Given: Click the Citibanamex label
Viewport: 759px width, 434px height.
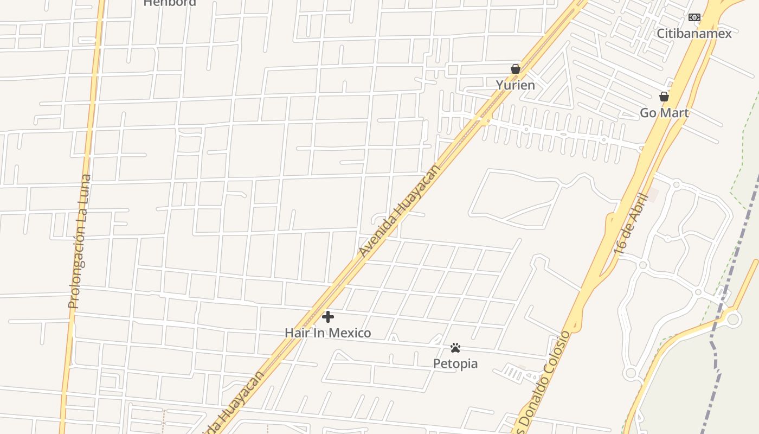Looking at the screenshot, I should (x=694, y=34).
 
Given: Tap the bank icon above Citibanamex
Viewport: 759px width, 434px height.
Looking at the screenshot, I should (x=694, y=17).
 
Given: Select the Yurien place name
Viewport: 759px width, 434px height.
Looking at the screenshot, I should (x=515, y=85).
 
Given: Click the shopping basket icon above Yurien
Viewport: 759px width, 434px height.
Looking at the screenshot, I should (x=515, y=69).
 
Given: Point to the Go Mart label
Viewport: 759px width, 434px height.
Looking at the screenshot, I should (x=664, y=113).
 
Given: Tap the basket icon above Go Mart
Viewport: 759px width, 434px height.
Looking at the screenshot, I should (x=664, y=97).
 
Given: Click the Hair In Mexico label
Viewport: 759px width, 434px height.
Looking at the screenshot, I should (x=327, y=333).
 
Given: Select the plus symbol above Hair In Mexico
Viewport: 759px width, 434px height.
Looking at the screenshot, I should (x=327, y=317).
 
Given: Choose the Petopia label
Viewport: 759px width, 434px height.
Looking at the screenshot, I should (x=455, y=363).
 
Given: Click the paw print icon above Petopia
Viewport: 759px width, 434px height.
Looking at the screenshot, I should (x=455, y=347).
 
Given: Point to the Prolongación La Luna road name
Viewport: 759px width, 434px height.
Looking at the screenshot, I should (x=79, y=241).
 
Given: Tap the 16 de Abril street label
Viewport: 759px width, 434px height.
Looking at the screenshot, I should (x=632, y=224).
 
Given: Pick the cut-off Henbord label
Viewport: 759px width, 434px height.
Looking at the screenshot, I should (x=169, y=3).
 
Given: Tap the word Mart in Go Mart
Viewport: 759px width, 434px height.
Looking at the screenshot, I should (x=676, y=113).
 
